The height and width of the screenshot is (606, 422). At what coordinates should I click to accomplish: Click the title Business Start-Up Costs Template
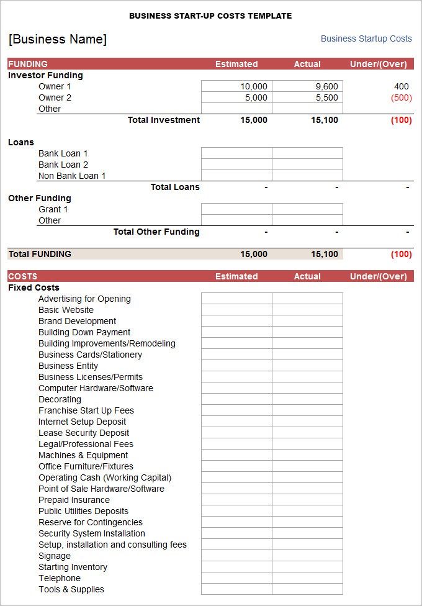(210, 16)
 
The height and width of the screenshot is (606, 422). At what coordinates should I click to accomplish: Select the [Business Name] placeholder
(58, 39)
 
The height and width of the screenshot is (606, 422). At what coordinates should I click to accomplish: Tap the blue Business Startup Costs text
(366, 38)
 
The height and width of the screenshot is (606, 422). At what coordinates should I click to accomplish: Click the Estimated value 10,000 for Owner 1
(253, 86)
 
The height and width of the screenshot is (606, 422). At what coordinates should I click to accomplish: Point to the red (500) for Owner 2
(401, 97)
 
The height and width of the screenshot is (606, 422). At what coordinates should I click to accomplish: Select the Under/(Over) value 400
(401, 86)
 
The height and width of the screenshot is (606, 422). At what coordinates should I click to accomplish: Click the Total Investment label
(164, 120)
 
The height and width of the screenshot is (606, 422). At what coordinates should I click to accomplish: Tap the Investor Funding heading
(45, 75)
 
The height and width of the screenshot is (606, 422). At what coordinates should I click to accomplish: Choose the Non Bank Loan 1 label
(72, 176)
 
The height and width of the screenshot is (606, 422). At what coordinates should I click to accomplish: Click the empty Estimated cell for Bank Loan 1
(236, 153)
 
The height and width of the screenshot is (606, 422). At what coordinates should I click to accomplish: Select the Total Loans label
(175, 187)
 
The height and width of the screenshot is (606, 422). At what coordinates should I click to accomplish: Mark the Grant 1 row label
(53, 209)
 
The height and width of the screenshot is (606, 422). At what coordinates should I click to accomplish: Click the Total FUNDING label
(40, 254)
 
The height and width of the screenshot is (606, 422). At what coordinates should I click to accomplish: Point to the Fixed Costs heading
(34, 287)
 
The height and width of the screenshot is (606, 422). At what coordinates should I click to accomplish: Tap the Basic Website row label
(66, 310)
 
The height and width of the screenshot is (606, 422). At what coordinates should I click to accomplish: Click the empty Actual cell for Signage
(307, 556)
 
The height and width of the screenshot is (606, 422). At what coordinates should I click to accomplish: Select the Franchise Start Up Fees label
(86, 410)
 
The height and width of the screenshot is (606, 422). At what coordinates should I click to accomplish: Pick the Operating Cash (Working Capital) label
(105, 477)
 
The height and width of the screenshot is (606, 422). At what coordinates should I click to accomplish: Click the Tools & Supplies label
(71, 589)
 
